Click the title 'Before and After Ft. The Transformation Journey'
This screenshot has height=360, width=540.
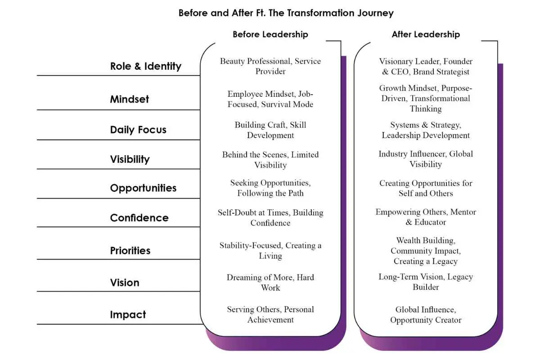pos(286,13)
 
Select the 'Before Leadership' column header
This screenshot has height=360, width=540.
pos(270,35)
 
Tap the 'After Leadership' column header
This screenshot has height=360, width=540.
pos(426,35)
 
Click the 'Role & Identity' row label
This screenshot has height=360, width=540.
pos(146,66)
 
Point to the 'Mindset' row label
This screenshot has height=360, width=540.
pos(130,99)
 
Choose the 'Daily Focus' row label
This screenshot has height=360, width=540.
pos(138,130)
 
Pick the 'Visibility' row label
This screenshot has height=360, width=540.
pos(130,159)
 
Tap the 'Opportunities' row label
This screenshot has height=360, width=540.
pos(143,188)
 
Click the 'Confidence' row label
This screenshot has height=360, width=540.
pos(139,218)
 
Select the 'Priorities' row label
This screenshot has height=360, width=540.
pos(130,251)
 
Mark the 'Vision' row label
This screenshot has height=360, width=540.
pos(125,283)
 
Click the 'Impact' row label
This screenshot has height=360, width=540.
pos(128,315)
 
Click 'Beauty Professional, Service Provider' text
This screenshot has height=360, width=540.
pos(270,66)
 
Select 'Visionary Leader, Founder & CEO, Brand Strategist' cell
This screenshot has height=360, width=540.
pos(426,67)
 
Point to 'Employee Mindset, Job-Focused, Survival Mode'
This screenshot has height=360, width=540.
pos(270,99)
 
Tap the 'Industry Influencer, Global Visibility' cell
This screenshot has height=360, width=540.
pos(426,159)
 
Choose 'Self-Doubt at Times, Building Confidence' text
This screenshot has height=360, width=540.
pos(270,218)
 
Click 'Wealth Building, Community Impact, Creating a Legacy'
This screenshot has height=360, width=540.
pos(426,251)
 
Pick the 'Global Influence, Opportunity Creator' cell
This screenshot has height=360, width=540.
pos(426,315)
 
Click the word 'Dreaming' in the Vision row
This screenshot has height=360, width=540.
pos(243,278)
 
